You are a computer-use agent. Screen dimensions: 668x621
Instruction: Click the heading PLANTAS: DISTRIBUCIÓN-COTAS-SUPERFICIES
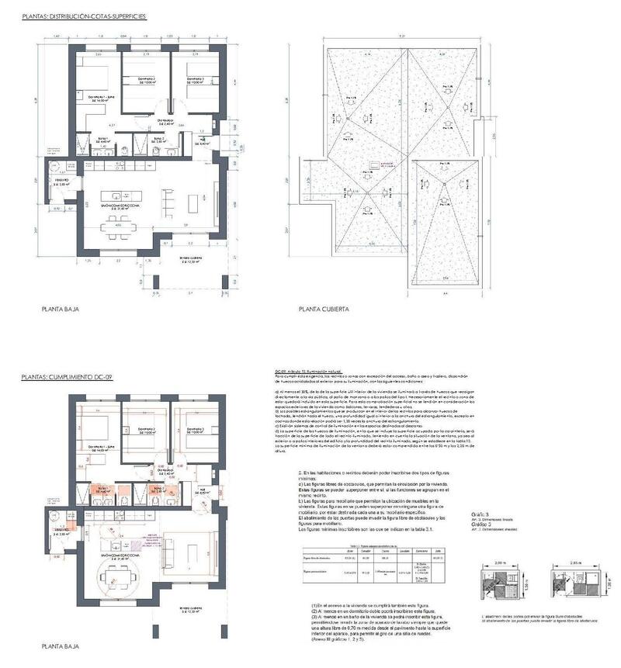(x=84, y=16)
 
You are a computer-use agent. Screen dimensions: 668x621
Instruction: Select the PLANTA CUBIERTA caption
(x=324, y=308)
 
